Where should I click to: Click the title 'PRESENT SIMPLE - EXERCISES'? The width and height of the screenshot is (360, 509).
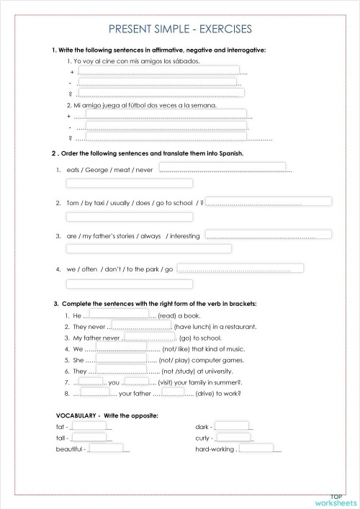click(180, 30)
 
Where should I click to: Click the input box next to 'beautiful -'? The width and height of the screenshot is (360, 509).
click(106, 449)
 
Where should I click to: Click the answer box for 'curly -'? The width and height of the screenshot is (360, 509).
click(234, 437)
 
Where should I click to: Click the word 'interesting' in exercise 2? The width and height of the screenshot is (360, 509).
click(184, 235)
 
